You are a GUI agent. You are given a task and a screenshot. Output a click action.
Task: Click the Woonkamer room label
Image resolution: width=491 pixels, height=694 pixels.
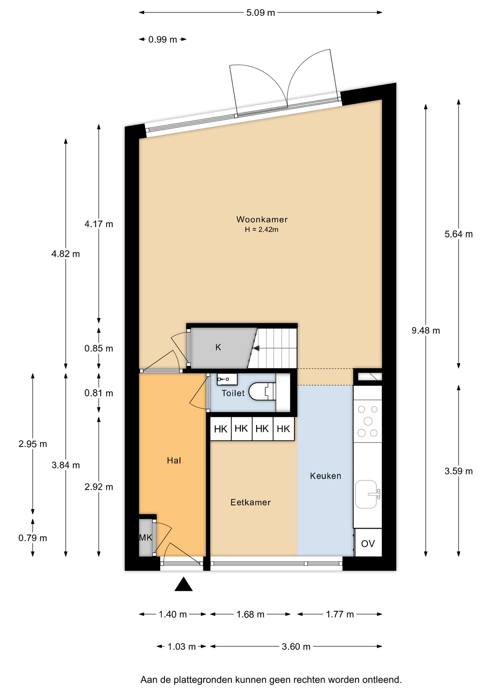point(262,219)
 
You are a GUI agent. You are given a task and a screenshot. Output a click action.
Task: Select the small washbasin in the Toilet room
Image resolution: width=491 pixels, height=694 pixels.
point(227,379)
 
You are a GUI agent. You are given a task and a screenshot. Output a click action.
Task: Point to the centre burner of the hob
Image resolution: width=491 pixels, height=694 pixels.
point(368,421)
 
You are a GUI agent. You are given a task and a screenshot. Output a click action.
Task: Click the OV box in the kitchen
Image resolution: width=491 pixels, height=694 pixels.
point(368,543)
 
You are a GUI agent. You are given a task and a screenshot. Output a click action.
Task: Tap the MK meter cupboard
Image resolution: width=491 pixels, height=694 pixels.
point(146,538)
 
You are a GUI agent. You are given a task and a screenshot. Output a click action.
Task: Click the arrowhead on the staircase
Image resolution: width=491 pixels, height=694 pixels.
point(256,348)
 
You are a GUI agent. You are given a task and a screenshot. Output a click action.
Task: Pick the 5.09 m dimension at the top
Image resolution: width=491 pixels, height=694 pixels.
point(261,13)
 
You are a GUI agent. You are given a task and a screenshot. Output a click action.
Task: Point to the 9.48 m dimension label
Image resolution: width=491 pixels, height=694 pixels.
point(426,330)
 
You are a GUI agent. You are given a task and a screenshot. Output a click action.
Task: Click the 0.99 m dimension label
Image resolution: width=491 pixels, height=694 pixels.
point(163,39)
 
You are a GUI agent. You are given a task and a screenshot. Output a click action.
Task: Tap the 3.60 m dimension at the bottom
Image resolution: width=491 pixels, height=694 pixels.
point(296,646)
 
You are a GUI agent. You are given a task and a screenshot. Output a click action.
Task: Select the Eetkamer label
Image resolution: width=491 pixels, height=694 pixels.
point(251,502)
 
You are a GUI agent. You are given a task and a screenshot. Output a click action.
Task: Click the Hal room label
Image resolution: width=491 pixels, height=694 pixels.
point(174,460)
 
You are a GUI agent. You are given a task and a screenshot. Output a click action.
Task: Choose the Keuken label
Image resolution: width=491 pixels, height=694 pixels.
point(325,476)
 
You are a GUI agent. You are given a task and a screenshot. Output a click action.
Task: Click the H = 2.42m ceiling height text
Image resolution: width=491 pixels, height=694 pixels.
point(261,230)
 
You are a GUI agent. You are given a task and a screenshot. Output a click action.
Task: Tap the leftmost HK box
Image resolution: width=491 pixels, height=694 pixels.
point(221,429)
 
